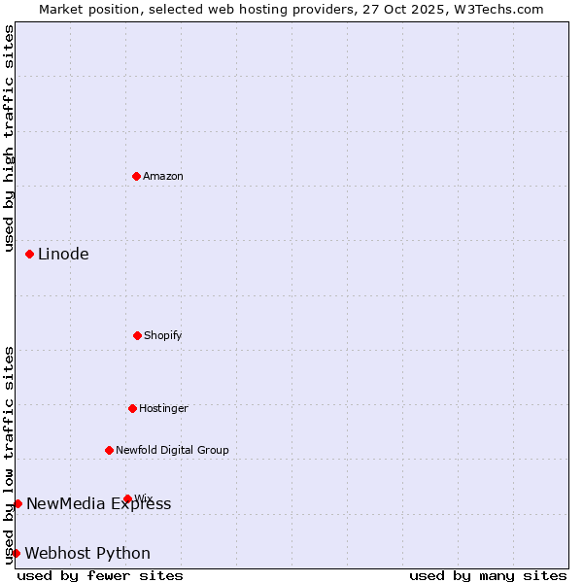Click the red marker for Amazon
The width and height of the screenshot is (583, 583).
pos(136,176)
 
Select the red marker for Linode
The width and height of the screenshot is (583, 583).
pos(29,254)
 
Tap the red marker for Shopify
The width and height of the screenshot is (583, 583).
pos(137,335)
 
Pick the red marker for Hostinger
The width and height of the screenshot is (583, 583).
pos(132,408)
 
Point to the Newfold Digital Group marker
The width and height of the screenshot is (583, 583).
pos(109,450)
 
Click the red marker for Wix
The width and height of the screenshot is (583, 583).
pos(127,498)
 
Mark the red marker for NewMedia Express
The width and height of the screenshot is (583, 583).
pos(17,503)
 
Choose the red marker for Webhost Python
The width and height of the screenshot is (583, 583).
pos(16,553)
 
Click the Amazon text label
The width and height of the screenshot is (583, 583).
pos(163,176)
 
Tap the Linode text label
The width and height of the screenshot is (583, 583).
pos(63,254)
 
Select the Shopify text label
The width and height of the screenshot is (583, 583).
pos(163,335)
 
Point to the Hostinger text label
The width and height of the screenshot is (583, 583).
pos(163,408)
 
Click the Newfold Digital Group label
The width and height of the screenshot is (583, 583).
pos(172,450)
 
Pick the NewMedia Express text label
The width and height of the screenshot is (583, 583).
pos(98,503)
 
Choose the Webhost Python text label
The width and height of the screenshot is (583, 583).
pos(87,553)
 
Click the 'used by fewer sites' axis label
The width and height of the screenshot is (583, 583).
pos(100,575)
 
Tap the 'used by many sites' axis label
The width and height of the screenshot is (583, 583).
pos(488,575)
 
